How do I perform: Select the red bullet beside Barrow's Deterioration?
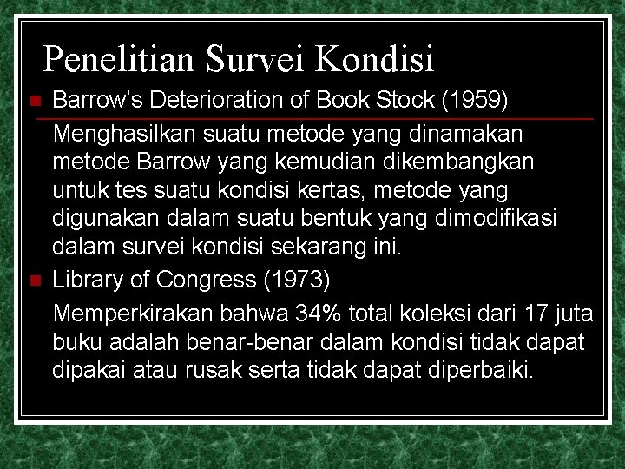35,102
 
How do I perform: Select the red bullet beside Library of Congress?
35,281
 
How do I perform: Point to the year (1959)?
475,100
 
